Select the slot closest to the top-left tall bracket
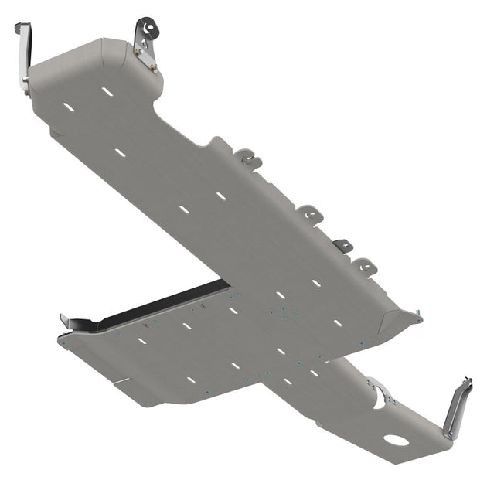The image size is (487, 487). (x=69, y=106)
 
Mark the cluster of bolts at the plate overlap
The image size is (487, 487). (x=284, y=313)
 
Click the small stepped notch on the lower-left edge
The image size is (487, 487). (x=120, y=381)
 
